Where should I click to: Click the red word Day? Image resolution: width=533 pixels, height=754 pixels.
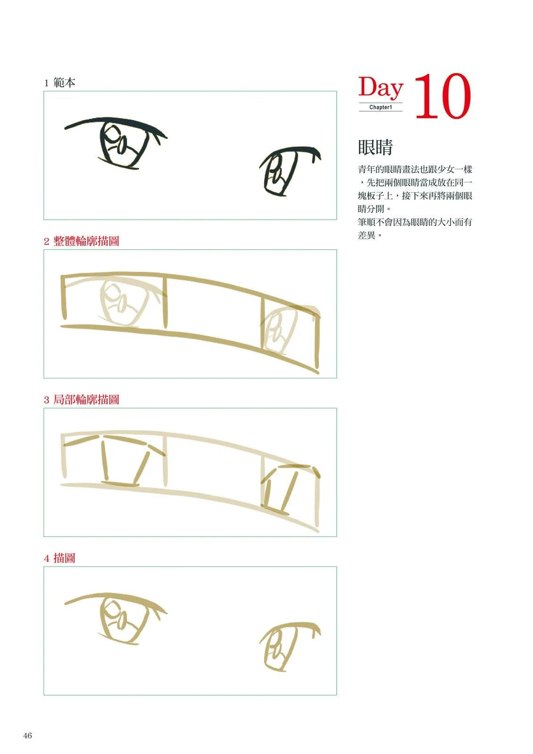click(380, 88)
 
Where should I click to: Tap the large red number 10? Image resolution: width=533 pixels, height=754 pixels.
click(442, 96)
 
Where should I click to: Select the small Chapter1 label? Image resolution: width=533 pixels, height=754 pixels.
click(381, 107)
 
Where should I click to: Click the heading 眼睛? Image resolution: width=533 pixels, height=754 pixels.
click(375, 147)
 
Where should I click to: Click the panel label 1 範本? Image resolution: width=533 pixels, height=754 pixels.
click(59, 82)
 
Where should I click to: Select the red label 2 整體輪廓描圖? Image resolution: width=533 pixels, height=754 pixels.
click(82, 241)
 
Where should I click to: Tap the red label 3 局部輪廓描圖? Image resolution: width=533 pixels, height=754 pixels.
click(82, 400)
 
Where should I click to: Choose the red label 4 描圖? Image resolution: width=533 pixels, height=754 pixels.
click(59, 558)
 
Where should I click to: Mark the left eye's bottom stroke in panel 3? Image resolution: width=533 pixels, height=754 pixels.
click(120, 484)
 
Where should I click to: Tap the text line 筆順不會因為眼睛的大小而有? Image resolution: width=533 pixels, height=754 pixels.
click(415, 222)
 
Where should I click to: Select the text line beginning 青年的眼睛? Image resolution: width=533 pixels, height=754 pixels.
click(415, 169)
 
